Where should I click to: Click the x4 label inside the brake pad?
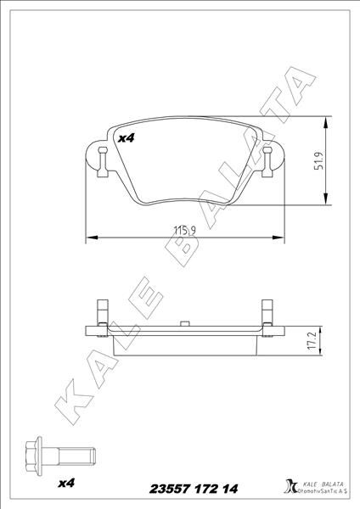coord(127,138)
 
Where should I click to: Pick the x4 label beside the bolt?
coord(66,484)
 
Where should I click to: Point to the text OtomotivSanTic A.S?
coord(320,491)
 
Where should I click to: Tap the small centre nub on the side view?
coord(183,323)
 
